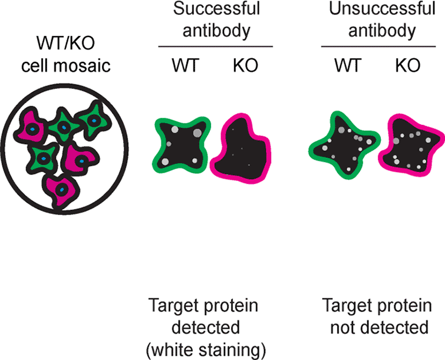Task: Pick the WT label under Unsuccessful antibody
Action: [347, 65]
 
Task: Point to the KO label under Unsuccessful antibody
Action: [408, 65]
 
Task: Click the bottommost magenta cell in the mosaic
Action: [61, 187]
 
